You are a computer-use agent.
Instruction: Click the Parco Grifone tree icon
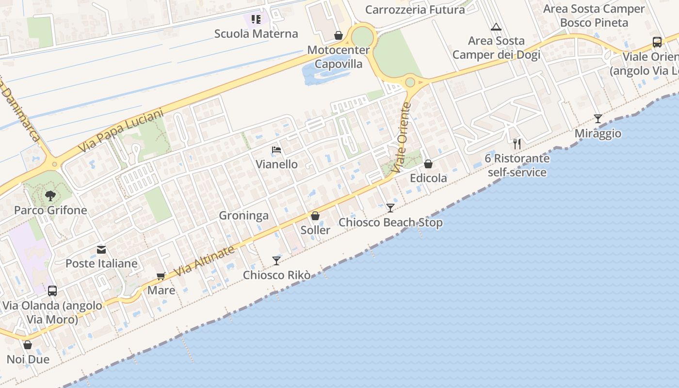point(50,196)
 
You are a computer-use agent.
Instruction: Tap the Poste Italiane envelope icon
point(101,250)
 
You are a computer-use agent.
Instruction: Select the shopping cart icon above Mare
point(161,276)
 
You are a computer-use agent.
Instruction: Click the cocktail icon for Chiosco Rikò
point(276,261)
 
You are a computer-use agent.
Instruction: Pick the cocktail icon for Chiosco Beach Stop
point(390,208)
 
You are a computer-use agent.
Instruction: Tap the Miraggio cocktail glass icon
point(598,119)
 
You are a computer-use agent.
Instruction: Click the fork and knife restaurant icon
point(517,144)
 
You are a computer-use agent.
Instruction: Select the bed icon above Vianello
point(276,150)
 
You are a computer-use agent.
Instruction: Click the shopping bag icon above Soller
point(315,216)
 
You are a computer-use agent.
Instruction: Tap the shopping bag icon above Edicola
point(428,164)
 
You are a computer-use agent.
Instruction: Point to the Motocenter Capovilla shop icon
point(339,35)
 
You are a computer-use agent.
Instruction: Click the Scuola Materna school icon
point(256,19)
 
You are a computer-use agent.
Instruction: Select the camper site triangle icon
point(496,27)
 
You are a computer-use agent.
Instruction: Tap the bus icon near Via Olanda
point(52,291)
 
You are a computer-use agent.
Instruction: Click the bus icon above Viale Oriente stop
point(657,42)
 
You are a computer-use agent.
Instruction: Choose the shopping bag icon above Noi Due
point(28,345)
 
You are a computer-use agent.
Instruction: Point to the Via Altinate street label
point(204,261)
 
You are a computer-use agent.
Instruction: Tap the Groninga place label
point(243,215)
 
